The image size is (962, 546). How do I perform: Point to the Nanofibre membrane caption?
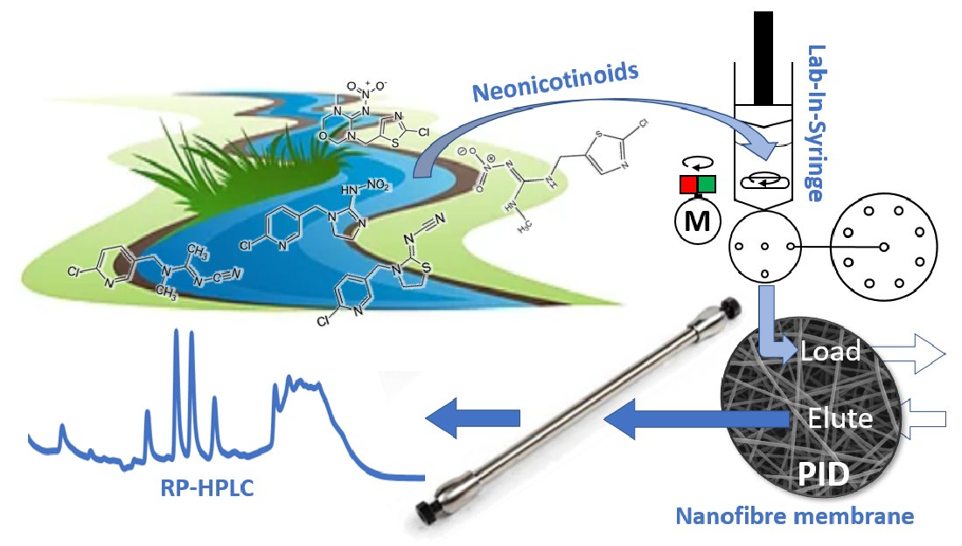pos(794,516)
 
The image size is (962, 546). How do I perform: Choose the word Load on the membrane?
pos(830,352)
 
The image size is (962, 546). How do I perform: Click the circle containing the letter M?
pos(696,222)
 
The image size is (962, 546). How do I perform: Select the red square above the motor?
pos(687,185)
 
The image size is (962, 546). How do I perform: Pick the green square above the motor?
pos(706,185)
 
